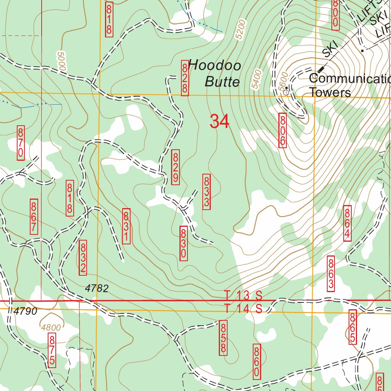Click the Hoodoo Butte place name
pyautogui.click(x=215, y=73)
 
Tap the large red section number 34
pyautogui.click(x=220, y=122)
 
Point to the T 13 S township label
pyautogui.click(x=243, y=295)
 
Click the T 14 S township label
pyautogui.click(x=243, y=309)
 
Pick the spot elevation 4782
pyautogui.click(x=97, y=289)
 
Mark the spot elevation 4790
pyautogui.click(x=26, y=312)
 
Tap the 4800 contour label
pyautogui.click(x=51, y=327)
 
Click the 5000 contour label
pyautogui.click(x=61, y=61)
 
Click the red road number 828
pyautogui.click(x=185, y=79)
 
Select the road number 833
pyautogui.click(x=206, y=191)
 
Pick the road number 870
pyautogui.click(x=21, y=143)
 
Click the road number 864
pyautogui.click(x=347, y=224)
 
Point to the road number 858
pyautogui.click(x=223, y=338)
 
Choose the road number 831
pyautogui.click(x=126, y=226)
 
